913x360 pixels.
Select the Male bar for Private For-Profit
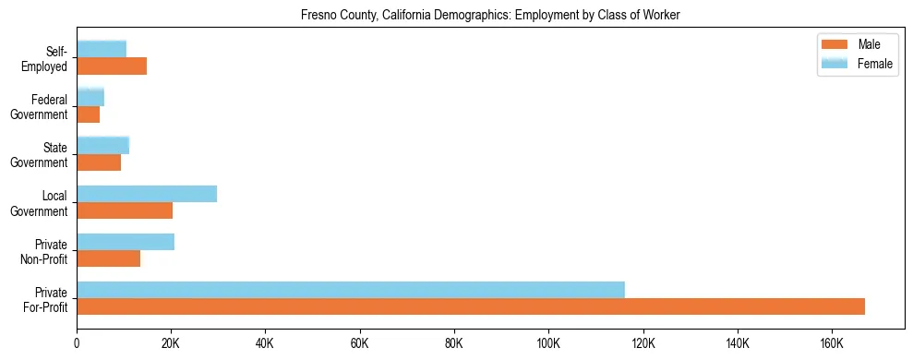pos(471,306)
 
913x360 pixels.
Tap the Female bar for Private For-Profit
pos(351,290)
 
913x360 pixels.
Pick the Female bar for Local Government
pos(147,194)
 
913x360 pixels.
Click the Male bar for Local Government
pos(125,210)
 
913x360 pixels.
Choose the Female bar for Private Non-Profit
pos(126,242)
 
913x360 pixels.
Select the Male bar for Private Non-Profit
pos(108,258)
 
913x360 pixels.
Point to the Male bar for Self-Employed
pos(112,66)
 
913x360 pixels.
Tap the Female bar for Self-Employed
pos(102,49)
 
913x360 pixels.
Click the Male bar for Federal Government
pos(88,114)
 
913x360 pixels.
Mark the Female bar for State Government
pos(102,145)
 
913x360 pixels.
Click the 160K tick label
pos(832,342)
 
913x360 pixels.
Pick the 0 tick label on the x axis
pos(77,342)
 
